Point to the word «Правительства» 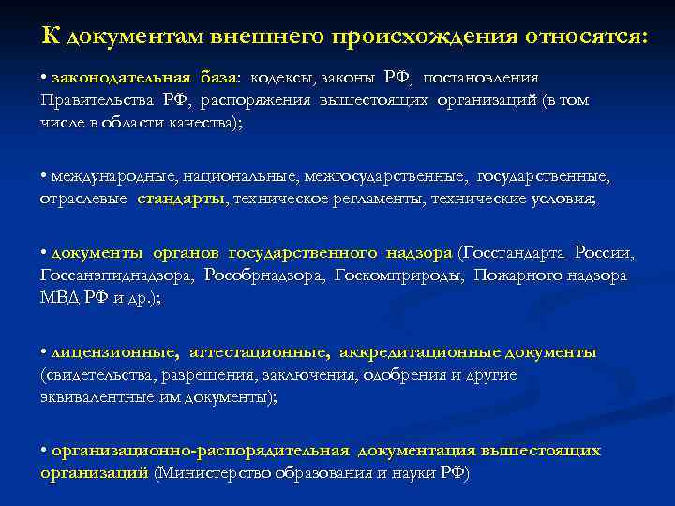[x=97, y=99]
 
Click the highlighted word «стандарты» [x=181, y=199]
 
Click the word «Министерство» [x=215, y=473]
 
